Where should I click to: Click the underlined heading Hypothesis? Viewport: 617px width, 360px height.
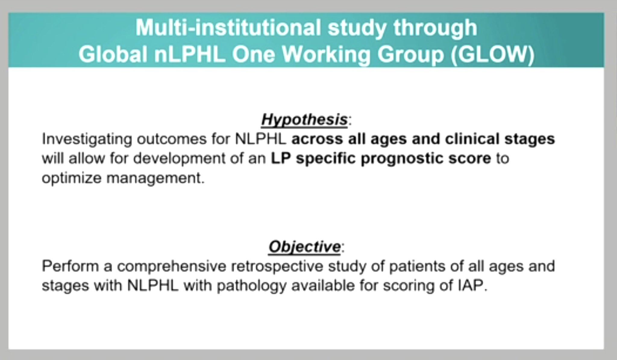tap(304, 120)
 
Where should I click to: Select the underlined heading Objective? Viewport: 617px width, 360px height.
tap(305, 247)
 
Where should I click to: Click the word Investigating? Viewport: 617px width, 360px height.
tap(87, 139)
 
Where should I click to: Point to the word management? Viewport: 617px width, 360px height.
tap(155, 178)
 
